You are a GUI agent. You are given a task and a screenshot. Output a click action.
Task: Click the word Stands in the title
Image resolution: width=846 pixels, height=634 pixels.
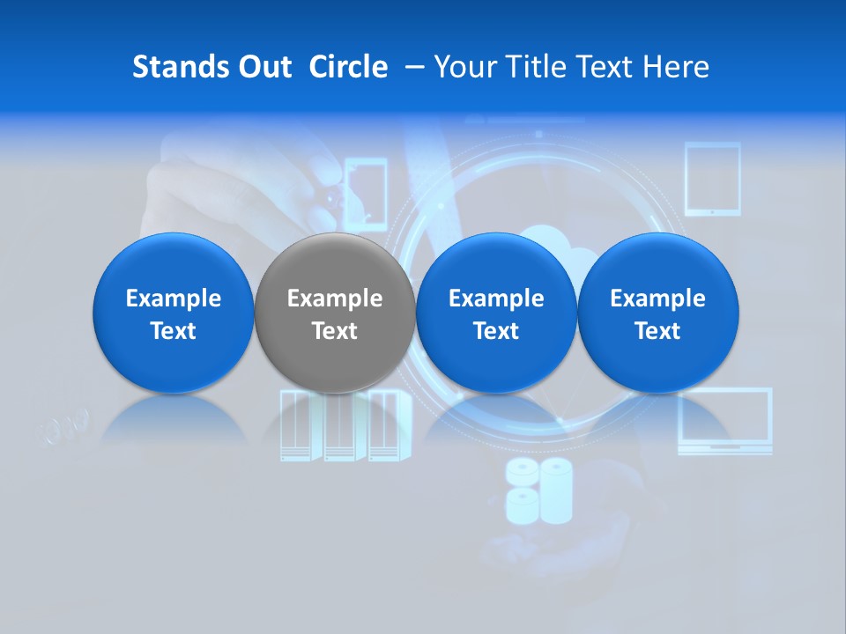pos(180,67)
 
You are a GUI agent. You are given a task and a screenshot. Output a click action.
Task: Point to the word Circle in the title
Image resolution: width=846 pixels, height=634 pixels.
pos(348,67)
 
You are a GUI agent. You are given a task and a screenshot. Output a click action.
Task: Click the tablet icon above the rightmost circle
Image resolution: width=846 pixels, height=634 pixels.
pos(712,180)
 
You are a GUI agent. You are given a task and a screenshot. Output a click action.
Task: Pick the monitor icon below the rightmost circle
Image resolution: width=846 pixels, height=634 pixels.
pos(724,421)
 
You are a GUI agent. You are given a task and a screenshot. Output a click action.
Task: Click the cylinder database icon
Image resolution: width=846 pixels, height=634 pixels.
pos(538,489)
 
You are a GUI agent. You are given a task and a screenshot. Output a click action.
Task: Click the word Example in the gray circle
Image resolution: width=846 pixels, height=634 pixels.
pos(335,299)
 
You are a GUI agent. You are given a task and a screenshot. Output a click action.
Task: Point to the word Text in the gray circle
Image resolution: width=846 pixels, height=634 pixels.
pos(335,331)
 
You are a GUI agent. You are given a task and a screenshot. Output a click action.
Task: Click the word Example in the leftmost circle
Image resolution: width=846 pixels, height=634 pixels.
pos(174,299)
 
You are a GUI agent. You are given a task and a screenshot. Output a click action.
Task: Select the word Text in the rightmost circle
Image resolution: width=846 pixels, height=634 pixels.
pos(657,331)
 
